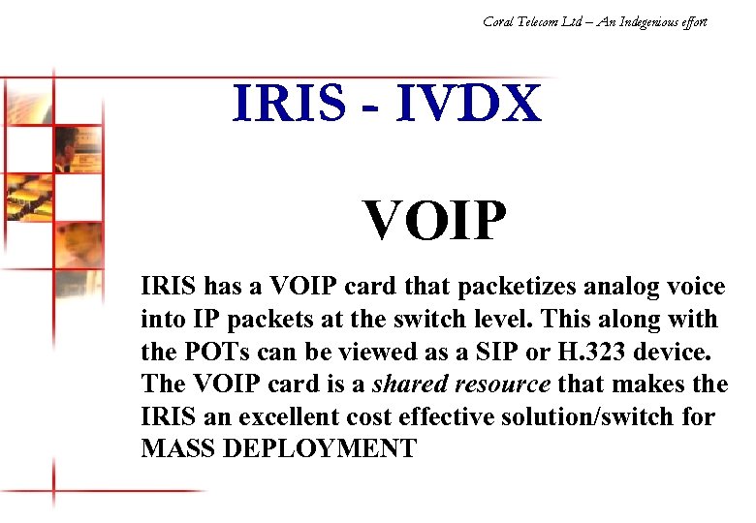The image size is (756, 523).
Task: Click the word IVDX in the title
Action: [467, 105]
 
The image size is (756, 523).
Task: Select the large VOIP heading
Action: [435, 221]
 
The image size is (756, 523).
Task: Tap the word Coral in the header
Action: [499, 20]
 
